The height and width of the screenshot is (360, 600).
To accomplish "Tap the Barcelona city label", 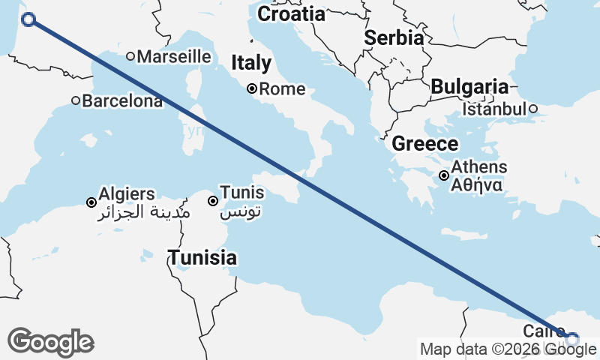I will [122, 101].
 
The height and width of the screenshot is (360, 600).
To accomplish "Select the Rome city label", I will [282, 89].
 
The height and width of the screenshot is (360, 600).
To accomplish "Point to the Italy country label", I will [250, 62].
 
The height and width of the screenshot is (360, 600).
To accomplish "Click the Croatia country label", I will [291, 14].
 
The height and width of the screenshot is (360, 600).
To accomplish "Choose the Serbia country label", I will [394, 38].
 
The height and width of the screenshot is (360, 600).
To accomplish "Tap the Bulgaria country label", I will [469, 86].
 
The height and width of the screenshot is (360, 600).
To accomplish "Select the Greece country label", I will [425, 144].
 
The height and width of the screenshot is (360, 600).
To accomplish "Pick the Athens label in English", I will [479, 167].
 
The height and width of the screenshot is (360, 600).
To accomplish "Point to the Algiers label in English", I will [126, 194].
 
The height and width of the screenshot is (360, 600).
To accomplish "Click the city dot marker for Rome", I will [253, 88].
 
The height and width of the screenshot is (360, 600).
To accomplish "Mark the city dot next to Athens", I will [445, 175].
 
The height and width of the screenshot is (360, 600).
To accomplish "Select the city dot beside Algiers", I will [91, 202].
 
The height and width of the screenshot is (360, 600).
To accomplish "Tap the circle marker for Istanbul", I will [532, 109].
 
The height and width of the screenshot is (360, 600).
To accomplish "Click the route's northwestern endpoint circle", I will [29, 19].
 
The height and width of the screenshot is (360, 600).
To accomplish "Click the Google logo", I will [50, 342].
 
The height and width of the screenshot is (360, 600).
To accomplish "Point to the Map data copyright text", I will [509, 349].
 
